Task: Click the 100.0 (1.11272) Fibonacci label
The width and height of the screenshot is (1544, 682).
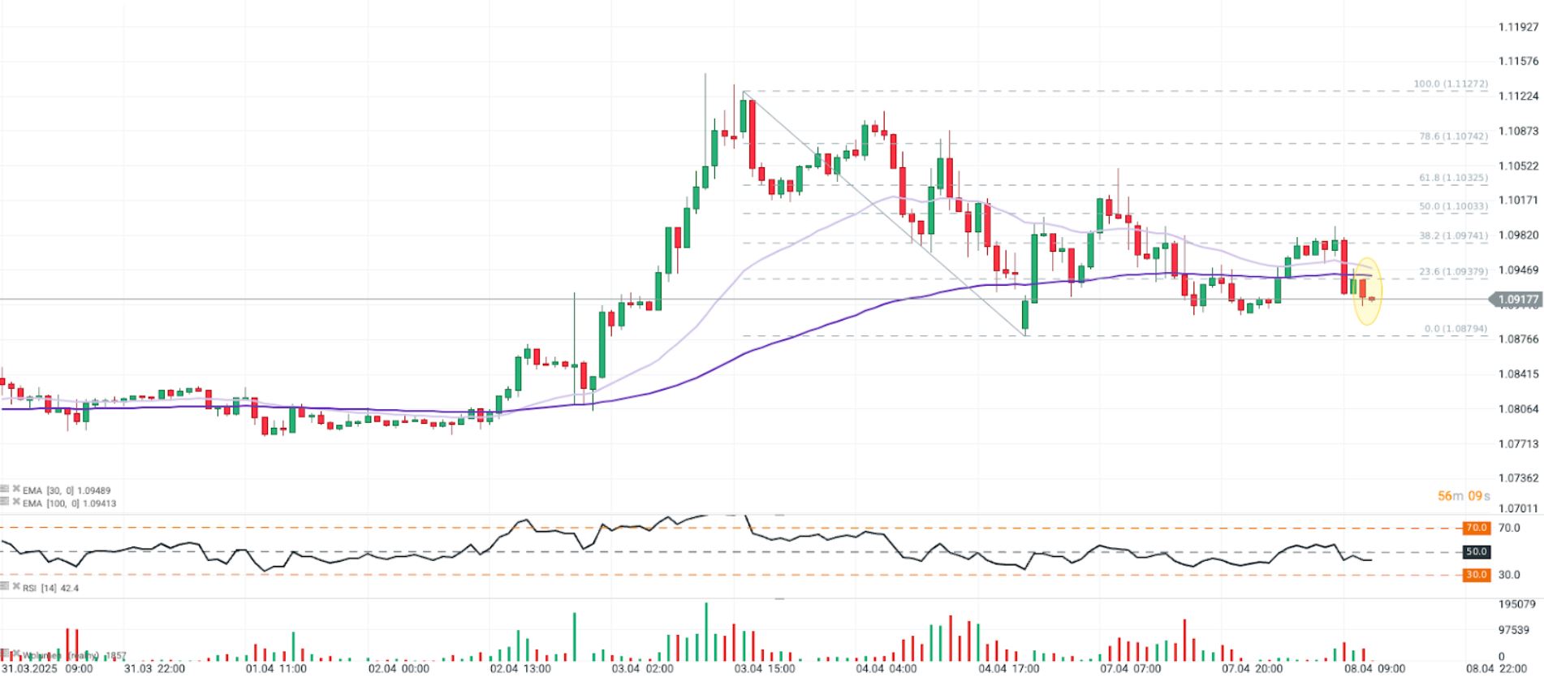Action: (x=1451, y=84)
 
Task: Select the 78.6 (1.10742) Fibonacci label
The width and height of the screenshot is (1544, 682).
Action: (x=1453, y=137)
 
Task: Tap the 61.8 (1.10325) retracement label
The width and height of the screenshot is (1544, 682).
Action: (x=1453, y=178)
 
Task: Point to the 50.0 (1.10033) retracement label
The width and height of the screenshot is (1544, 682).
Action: (x=1453, y=207)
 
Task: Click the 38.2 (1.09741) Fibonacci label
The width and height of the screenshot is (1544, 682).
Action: (x=1453, y=236)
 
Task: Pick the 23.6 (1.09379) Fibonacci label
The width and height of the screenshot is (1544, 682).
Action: (x=1453, y=272)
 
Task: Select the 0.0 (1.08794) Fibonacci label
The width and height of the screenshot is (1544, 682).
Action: (x=1456, y=329)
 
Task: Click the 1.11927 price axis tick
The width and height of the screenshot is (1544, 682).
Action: (x=1518, y=27)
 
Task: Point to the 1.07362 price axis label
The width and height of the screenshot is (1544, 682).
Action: (x=1518, y=478)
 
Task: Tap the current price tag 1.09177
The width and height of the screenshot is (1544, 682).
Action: (x=1516, y=300)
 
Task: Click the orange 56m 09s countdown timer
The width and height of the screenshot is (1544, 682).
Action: (x=1464, y=496)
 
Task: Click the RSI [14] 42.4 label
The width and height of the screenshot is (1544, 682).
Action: (x=50, y=588)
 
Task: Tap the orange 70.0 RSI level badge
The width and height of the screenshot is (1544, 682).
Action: (x=1476, y=528)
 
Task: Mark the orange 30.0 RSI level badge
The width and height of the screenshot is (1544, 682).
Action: (x=1476, y=575)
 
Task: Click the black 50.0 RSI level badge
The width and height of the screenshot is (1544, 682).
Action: (x=1476, y=552)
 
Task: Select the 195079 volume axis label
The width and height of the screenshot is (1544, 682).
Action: (x=1516, y=604)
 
